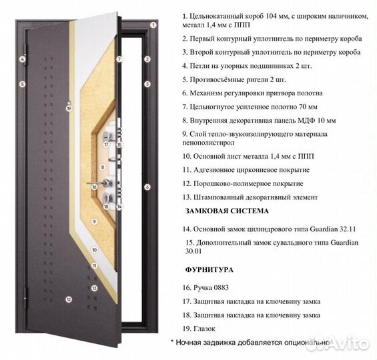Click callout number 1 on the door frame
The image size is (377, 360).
tap(153, 25)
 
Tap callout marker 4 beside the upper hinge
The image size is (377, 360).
tap(22, 59)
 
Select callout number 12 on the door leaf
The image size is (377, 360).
tap(68, 300)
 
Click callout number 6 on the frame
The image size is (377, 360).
tap(147, 187)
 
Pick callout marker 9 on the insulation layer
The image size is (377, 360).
tap(95, 221)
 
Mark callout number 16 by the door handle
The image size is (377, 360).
tap(95, 187)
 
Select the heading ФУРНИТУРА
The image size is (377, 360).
tap(208, 271)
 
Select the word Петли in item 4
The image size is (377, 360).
tap(200, 66)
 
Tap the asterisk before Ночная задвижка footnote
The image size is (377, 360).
tap(172, 342)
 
